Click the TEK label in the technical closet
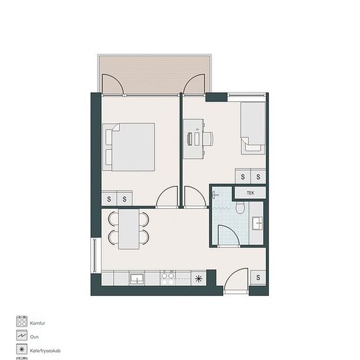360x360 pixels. click(x=250, y=193)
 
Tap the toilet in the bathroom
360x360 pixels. click(x=240, y=207)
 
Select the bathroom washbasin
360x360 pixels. click(x=257, y=223)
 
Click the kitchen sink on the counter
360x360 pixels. click(x=137, y=278)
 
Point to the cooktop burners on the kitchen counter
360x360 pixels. click(x=168, y=278)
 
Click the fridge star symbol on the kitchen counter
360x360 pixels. click(x=198, y=278)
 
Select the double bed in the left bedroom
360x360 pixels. click(x=128, y=147)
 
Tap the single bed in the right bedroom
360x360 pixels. click(x=253, y=128)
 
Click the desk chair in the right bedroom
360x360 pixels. click(x=208, y=139)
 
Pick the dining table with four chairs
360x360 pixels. click(x=128, y=229)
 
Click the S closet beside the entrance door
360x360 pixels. click(x=258, y=278)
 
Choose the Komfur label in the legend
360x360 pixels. click(x=37, y=323)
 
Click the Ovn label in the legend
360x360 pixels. click(x=34, y=337)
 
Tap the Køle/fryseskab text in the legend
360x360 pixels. click(x=45, y=351)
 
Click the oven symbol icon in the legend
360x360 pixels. click(x=22, y=335)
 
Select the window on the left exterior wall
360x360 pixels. click(x=95, y=255)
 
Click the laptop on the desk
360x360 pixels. click(x=190, y=139)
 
